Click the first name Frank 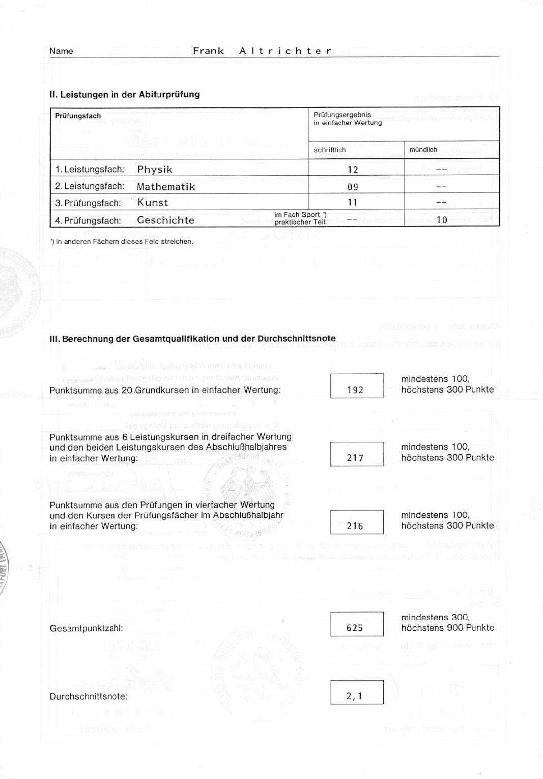(208, 51)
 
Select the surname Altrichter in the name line (285, 51)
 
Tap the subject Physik (155, 170)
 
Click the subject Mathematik (166, 187)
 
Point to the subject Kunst (153, 203)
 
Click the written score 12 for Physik (353, 170)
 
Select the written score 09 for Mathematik (353, 187)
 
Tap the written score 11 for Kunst (353, 203)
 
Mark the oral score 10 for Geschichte (442, 220)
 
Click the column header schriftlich (330, 150)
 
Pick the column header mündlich (423, 150)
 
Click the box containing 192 (356, 386)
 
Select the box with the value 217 (356, 454)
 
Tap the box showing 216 (356, 522)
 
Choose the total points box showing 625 (356, 624)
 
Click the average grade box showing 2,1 (356, 692)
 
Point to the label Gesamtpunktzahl (87, 628)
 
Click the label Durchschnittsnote (89, 697)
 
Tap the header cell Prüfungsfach (78, 116)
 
